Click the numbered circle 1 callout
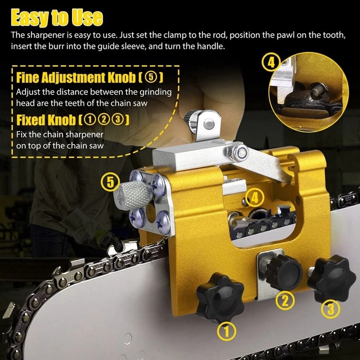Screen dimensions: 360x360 [227, 332]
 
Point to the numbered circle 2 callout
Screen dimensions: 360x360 [284, 301]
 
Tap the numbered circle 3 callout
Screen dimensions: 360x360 [329, 309]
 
